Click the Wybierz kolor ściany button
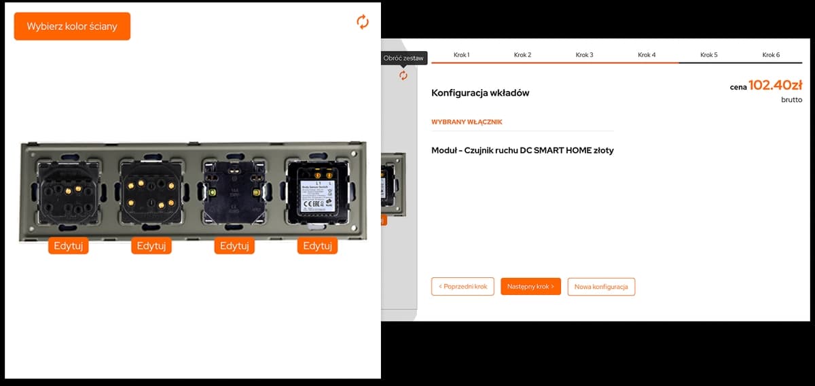pyautogui.click(x=72, y=27)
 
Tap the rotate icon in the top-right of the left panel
pyautogui.click(x=363, y=22)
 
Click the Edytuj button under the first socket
pyautogui.click(x=68, y=246)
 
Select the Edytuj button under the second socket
pyautogui.click(x=151, y=246)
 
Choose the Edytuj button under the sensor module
pyautogui.click(x=317, y=246)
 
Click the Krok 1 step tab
pyautogui.click(x=462, y=54)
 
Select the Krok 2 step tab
pyautogui.click(x=522, y=54)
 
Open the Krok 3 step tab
pyautogui.click(x=585, y=54)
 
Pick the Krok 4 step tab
pyautogui.click(x=647, y=54)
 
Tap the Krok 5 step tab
pyautogui.click(x=709, y=54)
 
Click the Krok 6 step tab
pyautogui.click(x=771, y=54)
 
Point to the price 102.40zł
pyautogui.click(x=775, y=86)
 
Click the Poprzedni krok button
pyautogui.click(x=463, y=287)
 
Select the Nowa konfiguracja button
pyautogui.click(x=601, y=287)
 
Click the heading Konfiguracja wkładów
pyautogui.click(x=480, y=93)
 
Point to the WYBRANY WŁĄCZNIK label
pyautogui.click(x=467, y=122)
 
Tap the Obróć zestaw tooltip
pyautogui.click(x=403, y=58)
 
